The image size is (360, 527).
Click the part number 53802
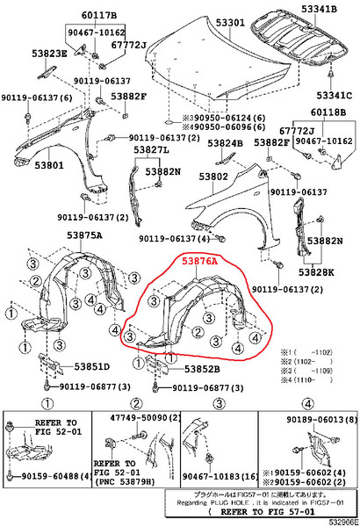212,177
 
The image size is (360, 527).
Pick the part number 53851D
90,367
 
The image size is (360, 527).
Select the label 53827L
151,151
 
